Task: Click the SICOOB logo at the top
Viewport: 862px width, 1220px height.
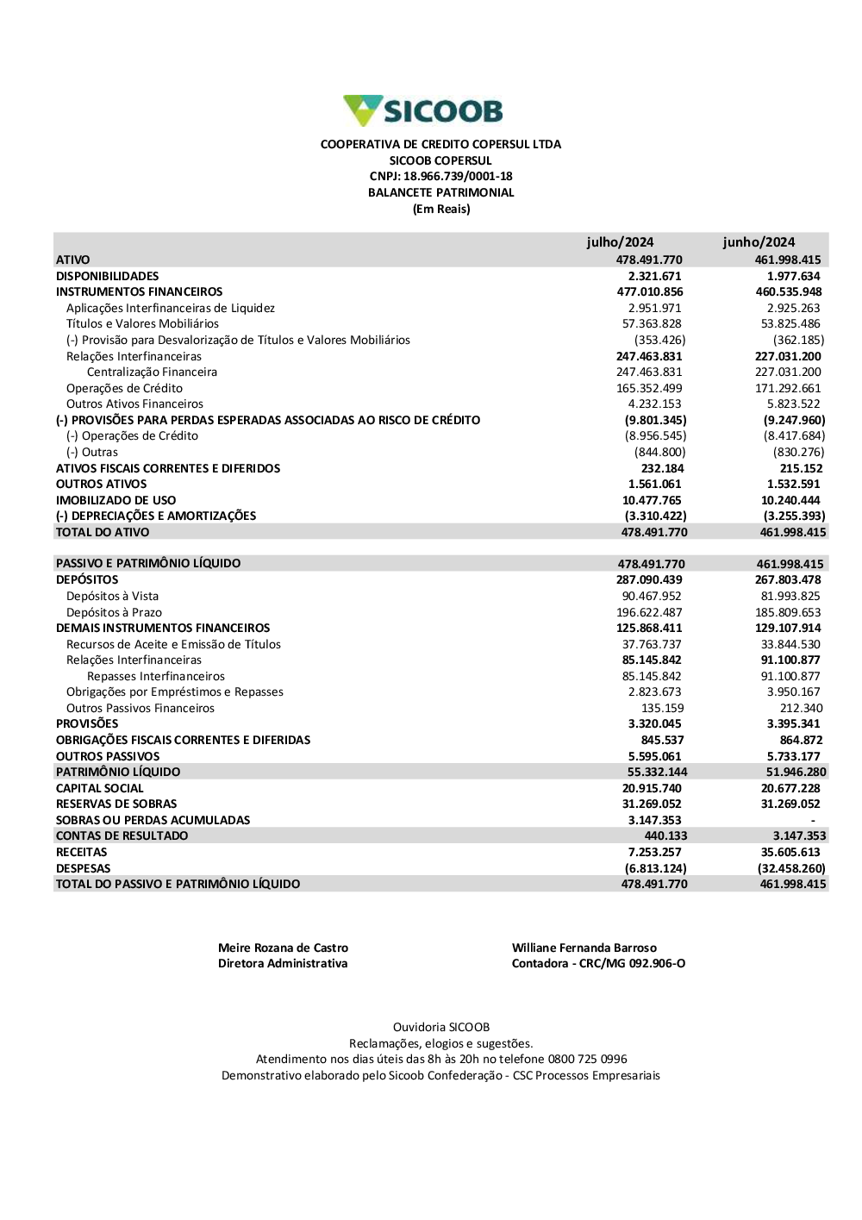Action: click(x=423, y=110)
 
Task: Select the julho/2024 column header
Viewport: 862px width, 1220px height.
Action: click(x=620, y=242)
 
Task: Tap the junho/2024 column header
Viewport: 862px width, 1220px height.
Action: click(x=759, y=242)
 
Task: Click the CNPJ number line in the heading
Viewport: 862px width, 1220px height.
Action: click(x=440, y=177)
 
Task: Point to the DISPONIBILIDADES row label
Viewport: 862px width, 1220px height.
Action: click(x=108, y=276)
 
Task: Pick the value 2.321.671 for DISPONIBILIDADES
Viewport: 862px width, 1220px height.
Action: click(x=655, y=276)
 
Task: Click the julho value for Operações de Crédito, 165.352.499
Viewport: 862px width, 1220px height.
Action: click(x=649, y=388)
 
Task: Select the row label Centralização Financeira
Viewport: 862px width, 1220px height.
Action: click(x=152, y=372)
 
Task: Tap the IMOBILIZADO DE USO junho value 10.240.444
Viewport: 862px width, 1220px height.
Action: click(x=790, y=500)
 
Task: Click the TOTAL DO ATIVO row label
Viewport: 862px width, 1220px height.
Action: click(x=103, y=532)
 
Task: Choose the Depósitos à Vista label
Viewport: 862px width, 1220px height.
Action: click(x=112, y=596)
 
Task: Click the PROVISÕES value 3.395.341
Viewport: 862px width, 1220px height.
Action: click(x=793, y=723)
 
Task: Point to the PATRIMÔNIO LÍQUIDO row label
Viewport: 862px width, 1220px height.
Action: click(x=118, y=772)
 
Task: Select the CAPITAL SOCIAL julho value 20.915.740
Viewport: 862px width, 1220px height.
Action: click(x=652, y=788)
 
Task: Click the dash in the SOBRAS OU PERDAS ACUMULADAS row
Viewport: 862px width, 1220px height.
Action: click(x=812, y=820)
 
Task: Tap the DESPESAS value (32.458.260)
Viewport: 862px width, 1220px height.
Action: click(x=791, y=868)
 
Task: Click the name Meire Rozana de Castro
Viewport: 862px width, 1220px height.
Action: click(x=283, y=948)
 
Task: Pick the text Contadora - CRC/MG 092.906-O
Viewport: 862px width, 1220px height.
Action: click(x=598, y=963)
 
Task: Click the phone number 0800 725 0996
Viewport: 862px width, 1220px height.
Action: click(x=587, y=1059)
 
